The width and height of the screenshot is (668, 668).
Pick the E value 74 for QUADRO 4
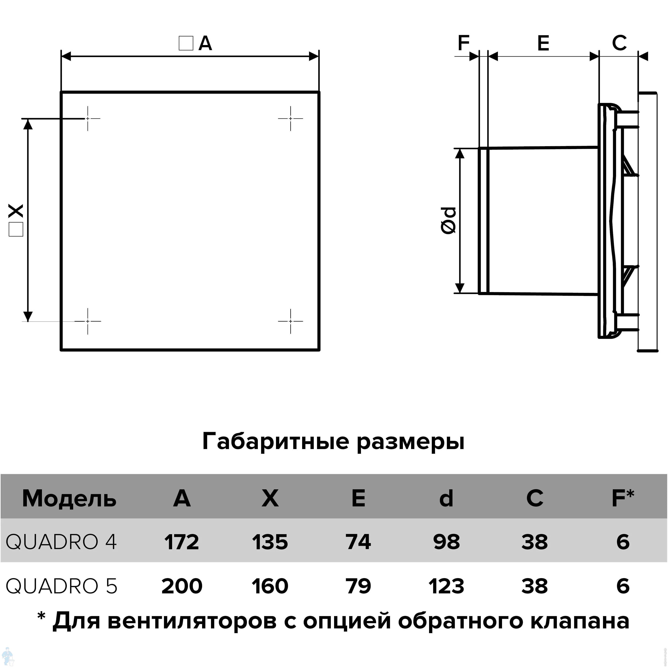pos(358,542)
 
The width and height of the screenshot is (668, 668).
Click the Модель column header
pos(69,499)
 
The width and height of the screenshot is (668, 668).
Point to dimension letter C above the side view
pos(619,43)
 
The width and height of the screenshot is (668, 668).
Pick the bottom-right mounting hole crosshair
pos(291,321)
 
